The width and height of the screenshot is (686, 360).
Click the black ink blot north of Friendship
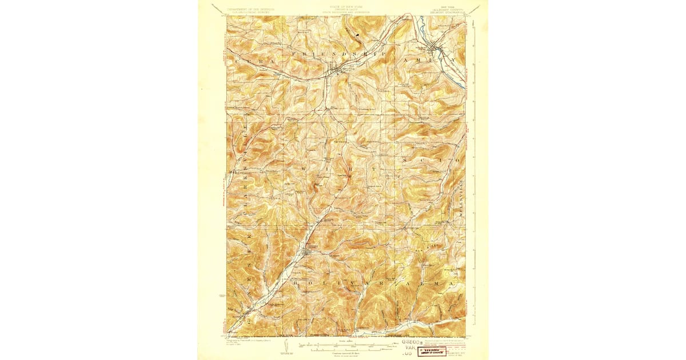point(358,35)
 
